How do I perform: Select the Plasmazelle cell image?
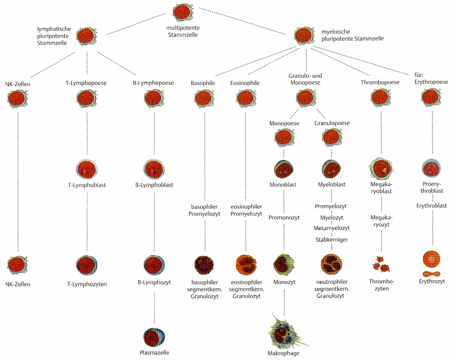154,337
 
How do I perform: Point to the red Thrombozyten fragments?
381,266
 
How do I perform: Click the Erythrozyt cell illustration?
431,262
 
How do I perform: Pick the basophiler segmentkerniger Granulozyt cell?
204,265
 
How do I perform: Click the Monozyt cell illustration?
284,265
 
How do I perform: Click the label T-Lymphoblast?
87,185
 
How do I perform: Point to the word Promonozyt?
284,217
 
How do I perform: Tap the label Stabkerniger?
332,239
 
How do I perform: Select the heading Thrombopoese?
380,82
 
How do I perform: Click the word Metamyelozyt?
332,228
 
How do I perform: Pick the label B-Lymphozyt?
154,282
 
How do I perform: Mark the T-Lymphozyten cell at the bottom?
87,265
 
